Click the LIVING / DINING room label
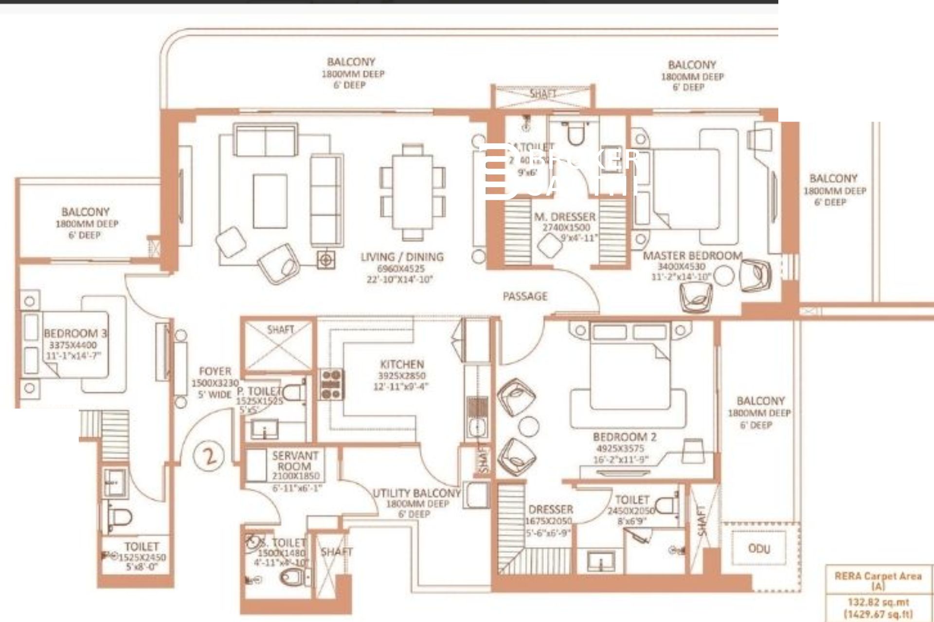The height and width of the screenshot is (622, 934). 402,257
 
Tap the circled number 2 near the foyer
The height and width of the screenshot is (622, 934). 210,456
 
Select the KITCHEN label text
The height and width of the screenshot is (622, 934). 402,364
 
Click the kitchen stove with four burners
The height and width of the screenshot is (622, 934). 331,384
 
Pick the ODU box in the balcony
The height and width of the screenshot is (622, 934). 759,548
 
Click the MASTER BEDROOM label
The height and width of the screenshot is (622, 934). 693,256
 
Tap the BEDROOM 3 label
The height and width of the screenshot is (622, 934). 75,333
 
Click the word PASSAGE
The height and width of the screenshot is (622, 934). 525,296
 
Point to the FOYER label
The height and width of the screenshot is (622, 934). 215,371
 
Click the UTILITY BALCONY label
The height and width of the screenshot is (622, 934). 416,493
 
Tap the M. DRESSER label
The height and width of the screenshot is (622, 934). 564,217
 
